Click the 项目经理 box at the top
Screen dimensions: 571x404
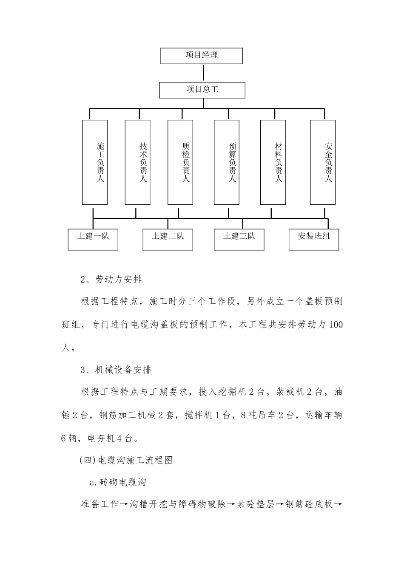202,56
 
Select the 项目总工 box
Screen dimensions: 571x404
202,90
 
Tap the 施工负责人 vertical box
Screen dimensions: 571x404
95,162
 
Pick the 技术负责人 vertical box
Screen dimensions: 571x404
137,162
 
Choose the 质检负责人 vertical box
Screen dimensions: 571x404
180,162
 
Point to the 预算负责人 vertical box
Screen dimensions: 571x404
227,162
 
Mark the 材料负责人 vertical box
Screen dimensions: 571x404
273,162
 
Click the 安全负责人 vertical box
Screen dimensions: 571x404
323,162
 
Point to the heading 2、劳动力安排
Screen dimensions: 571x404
111,280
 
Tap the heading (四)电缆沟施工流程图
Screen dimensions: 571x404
125,460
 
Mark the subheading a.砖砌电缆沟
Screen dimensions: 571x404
118,482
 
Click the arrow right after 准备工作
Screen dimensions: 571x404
124,505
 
